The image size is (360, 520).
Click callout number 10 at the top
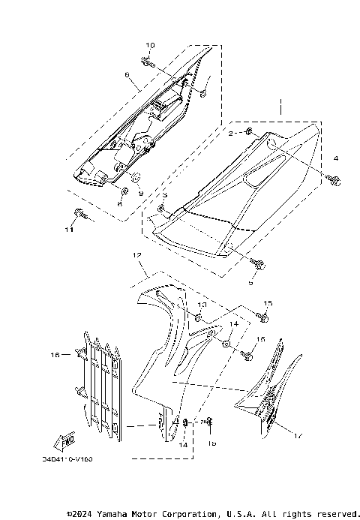coord(149,46)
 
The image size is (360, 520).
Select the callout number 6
coord(127,75)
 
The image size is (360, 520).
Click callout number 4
coord(336,158)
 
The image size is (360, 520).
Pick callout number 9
coord(139,193)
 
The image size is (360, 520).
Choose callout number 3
coord(164,194)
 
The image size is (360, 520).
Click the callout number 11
coord(68,230)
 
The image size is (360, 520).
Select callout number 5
coord(250,284)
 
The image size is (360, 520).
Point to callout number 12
coord(137,256)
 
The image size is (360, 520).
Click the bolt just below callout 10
coord(148,64)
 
